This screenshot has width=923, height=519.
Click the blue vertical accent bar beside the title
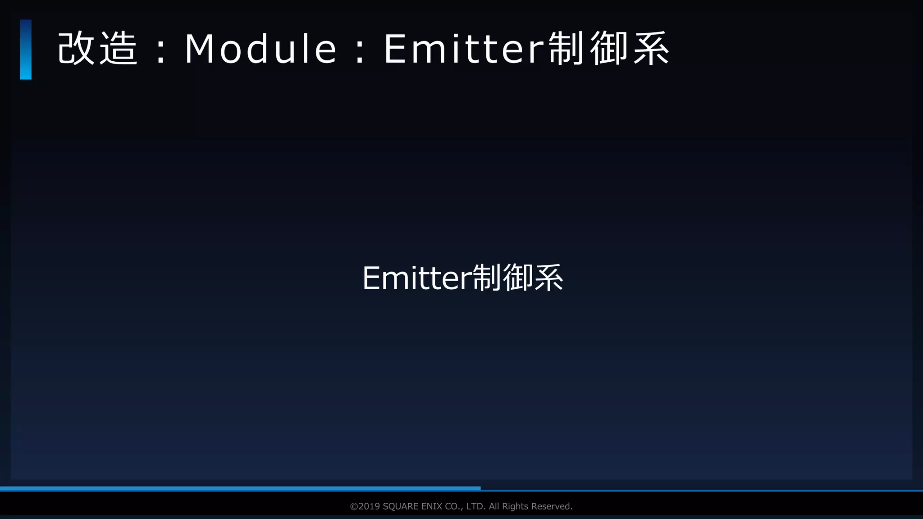click(26, 50)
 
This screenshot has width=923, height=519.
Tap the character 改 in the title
click(76, 49)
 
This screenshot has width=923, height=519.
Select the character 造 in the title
click(118, 49)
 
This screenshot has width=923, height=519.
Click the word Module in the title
click(260, 49)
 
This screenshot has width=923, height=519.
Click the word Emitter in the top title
click(464, 49)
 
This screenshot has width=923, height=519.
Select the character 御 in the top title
click(608, 49)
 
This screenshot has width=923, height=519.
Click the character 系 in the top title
click(651, 49)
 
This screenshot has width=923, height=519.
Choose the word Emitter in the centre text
click(416, 278)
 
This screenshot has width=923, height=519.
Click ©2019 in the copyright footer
click(365, 506)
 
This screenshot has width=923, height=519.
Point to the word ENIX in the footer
click(431, 506)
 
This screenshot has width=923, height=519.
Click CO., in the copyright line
click(454, 506)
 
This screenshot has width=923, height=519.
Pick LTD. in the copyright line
click(475, 506)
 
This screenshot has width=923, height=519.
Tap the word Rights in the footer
click(515, 506)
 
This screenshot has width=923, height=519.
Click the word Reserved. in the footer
click(552, 506)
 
